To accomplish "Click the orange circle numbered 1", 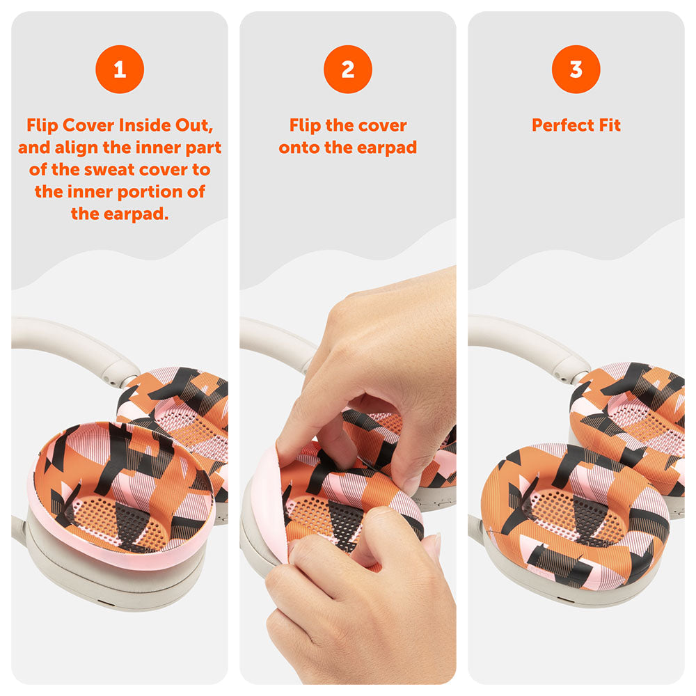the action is [x=120, y=69].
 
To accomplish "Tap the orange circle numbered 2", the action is [x=348, y=69].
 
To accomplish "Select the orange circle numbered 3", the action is [x=576, y=69].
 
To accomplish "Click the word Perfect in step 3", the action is [x=562, y=125].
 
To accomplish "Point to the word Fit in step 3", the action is [x=610, y=125].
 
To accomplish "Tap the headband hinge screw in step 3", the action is [x=564, y=378].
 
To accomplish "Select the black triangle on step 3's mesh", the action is [x=590, y=515].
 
